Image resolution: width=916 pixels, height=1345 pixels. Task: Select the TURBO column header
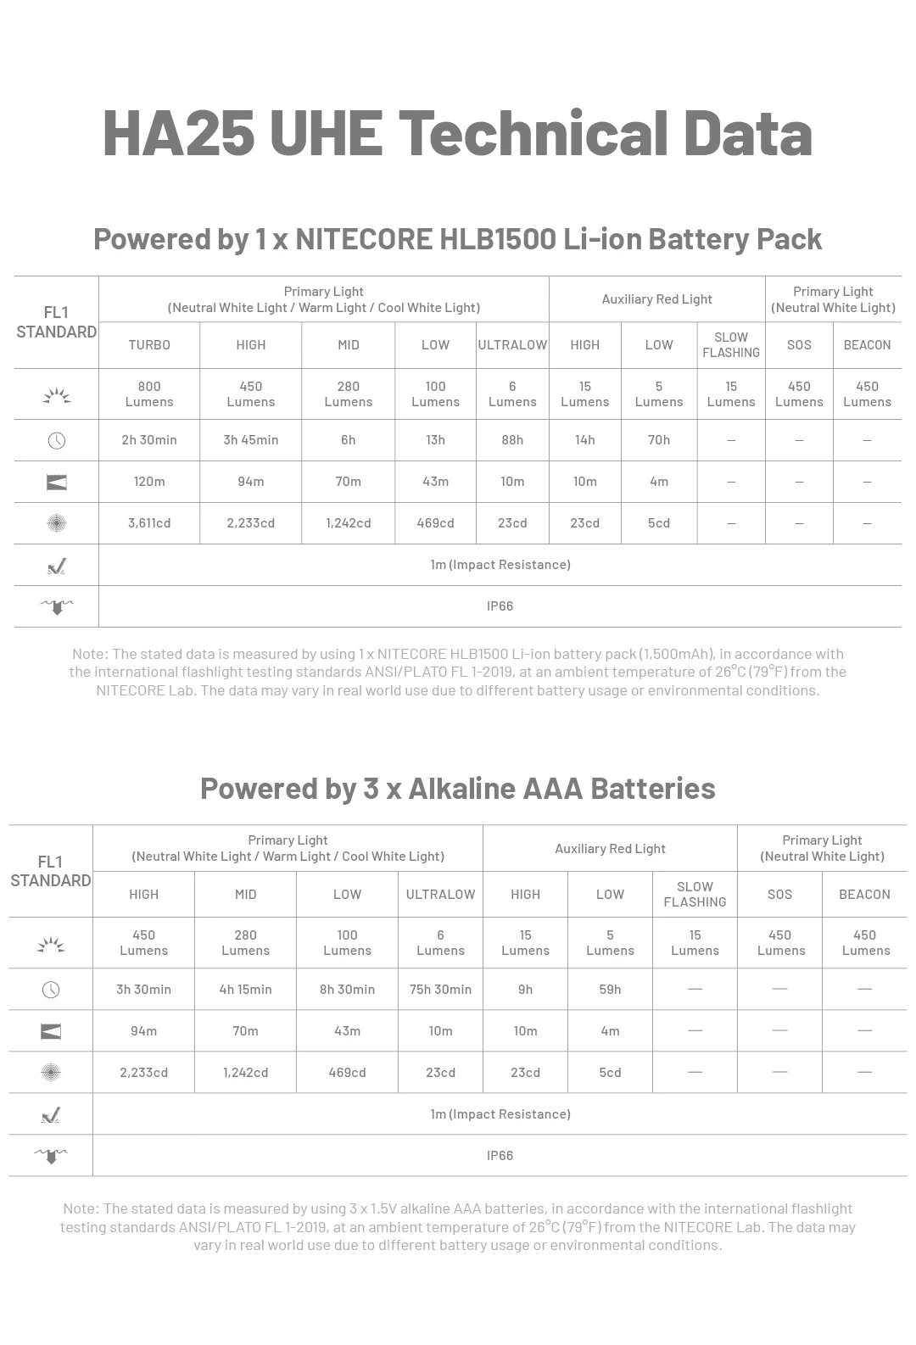(x=149, y=345)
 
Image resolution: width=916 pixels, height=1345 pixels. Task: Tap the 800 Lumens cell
(x=149, y=394)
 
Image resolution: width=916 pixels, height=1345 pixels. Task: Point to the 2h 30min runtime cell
(x=149, y=440)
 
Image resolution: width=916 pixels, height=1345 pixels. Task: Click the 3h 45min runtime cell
(x=251, y=440)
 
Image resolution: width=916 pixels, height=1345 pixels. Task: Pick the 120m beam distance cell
(x=149, y=482)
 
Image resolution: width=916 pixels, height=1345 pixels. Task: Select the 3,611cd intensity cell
(x=149, y=523)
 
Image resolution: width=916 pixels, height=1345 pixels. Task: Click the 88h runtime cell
(x=512, y=440)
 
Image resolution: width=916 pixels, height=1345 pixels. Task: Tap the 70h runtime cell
(x=659, y=440)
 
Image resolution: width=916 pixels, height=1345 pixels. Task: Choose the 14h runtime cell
(x=585, y=440)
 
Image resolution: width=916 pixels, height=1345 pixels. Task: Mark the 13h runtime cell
(x=435, y=440)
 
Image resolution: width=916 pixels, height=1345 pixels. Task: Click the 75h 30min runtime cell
(x=440, y=990)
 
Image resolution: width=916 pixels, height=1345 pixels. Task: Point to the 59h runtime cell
(x=610, y=990)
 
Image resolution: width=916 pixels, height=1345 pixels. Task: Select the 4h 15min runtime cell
(x=245, y=990)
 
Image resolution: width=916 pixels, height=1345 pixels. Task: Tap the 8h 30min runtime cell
(x=347, y=990)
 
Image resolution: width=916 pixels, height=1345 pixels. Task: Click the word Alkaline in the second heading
(x=461, y=789)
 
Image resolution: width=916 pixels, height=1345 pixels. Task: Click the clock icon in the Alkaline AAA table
(x=51, y=990)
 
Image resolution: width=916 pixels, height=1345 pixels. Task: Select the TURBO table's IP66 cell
(x=500, y=606)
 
